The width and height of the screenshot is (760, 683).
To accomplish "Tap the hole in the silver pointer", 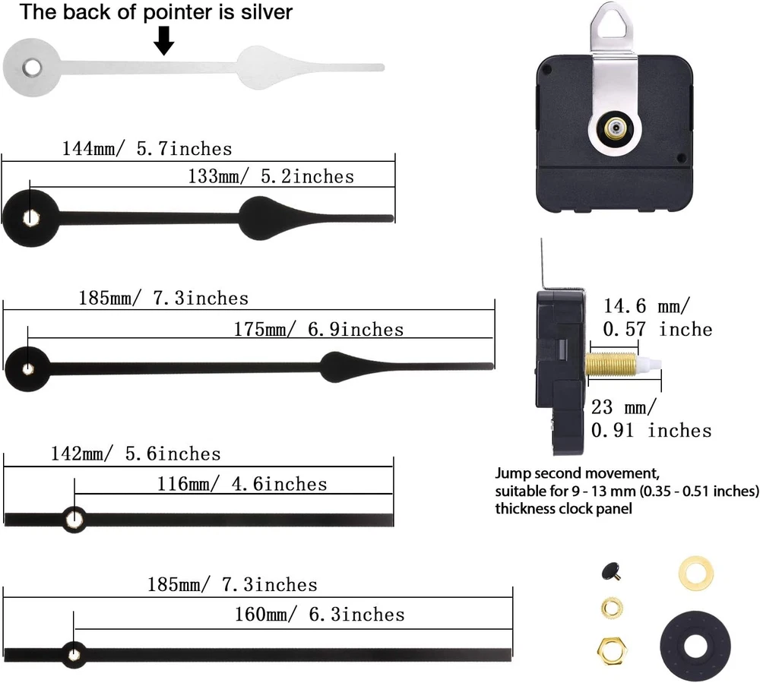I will click(30, 68).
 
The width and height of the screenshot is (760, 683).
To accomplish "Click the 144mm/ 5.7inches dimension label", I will click(147, 147).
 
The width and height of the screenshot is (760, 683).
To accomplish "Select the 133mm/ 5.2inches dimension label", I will click(271, 176).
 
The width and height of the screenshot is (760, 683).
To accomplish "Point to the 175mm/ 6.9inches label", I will click(318, 329).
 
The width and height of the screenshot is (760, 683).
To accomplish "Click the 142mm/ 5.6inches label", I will click(135, 454).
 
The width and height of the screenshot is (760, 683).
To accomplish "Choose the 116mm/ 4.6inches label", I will click(241, 484).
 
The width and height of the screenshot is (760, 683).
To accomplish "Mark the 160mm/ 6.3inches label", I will click(319, 614).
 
